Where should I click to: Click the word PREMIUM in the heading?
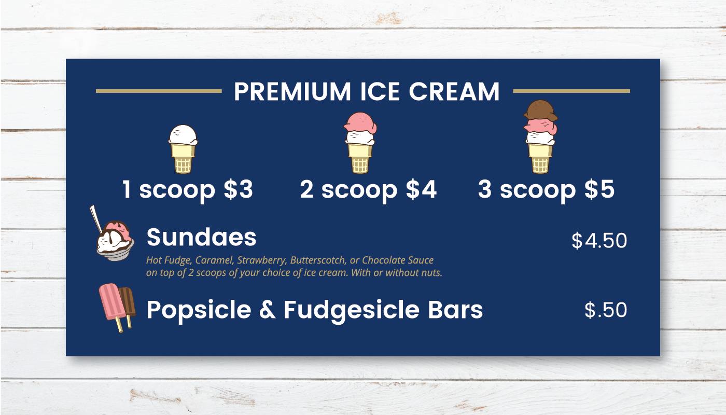[292, 91]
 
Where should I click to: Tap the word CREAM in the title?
[454, 91]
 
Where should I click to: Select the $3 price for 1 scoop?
[238, 189]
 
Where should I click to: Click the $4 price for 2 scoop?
[421, 189]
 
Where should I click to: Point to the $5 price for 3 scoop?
[599, 189]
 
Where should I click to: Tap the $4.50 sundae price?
[599, 241]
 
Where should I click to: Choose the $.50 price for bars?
[606, 310]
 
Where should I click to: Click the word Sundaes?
[201, 237]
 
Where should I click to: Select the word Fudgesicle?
[352, 310]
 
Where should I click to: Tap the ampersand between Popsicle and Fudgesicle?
[268, 310]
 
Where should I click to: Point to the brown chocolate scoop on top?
[540, 110]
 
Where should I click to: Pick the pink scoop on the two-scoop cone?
[360, 122]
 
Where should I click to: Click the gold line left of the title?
[159, 91]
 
